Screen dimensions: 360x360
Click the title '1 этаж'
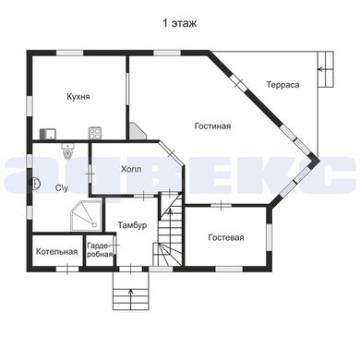point(179,23)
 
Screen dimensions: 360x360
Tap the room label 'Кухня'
point(78,97)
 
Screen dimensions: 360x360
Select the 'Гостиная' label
point(212,126)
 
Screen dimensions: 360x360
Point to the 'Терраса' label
point(282,85)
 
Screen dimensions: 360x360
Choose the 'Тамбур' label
point(132,225)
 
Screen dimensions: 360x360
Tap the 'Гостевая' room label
point(226,237)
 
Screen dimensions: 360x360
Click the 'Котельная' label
point(57,252)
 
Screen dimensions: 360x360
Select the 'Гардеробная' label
point(99,250)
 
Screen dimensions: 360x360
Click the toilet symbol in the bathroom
point(67,151)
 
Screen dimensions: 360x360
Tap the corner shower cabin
point(86,216)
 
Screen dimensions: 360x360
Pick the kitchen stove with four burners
point(95,133)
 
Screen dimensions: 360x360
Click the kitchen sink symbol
point(48,134)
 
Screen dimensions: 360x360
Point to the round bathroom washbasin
point(36,184)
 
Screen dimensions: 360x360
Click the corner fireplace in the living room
point(138,131)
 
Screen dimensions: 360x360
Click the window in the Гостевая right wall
point(269,238)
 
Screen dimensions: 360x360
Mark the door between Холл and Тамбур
point(144,195)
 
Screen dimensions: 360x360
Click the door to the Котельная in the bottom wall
point(67,269)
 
